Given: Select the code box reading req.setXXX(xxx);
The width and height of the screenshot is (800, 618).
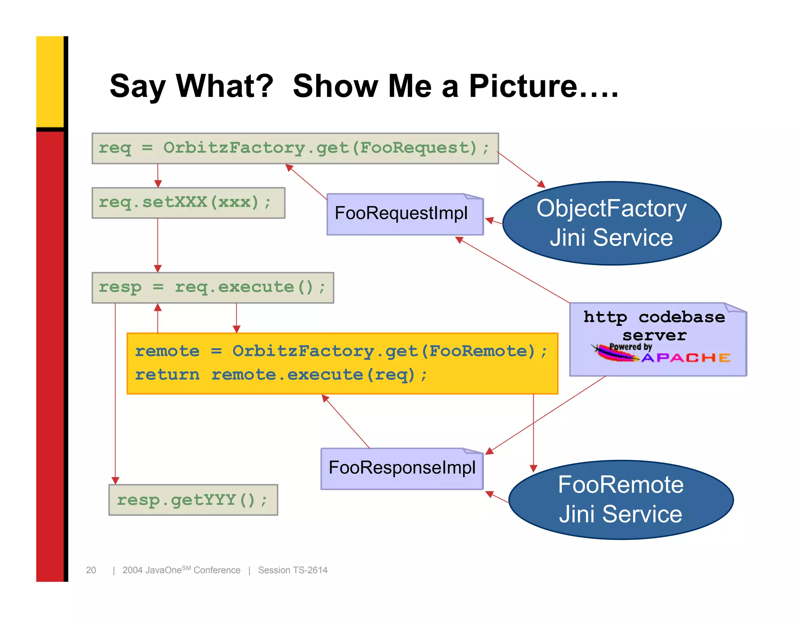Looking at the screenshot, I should pyautogui.click(x=188, y=203).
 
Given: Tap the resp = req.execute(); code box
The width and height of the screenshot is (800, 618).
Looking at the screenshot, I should pyautogui.click(x=212, y=288).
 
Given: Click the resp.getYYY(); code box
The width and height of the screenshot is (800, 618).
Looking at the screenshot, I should pyautogui.click(x=193, y=500).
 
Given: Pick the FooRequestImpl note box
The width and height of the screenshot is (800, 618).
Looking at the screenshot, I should pyautogui.click(x=405, y=214).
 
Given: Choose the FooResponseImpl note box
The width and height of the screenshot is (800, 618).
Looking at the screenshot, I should pyautogui.click(x=402, y=468).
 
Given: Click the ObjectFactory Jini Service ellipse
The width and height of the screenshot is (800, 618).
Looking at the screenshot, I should pyautogui.click(x=611, y=223).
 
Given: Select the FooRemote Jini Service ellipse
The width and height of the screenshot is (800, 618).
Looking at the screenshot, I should pyautogui.click(x=620, y=500).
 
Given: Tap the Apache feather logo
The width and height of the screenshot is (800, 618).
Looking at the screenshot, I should pyautogui.click(x=615, y=354).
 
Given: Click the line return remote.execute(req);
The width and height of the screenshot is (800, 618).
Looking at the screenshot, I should pyautogui.click(x=281, y=375).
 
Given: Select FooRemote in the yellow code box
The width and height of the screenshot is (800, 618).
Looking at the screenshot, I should pyautogui.click(x=481, y=351).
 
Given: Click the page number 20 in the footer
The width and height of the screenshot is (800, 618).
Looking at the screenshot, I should pyautogui.click(x=91, y=570).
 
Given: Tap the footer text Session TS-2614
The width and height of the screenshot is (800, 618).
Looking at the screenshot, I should pyautogui.click(x=293, y=570).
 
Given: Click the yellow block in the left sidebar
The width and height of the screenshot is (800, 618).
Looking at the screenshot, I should pyautogui.click(x=50, y=81).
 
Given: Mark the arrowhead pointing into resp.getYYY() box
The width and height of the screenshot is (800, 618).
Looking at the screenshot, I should pyautogui.click(x=115, y=480).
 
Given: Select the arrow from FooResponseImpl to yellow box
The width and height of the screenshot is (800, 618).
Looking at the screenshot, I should pyautogui.click(x=346, y=421).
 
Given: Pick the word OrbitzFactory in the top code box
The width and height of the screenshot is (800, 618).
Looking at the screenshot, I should pyautogui.click(x=234, y=148).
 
